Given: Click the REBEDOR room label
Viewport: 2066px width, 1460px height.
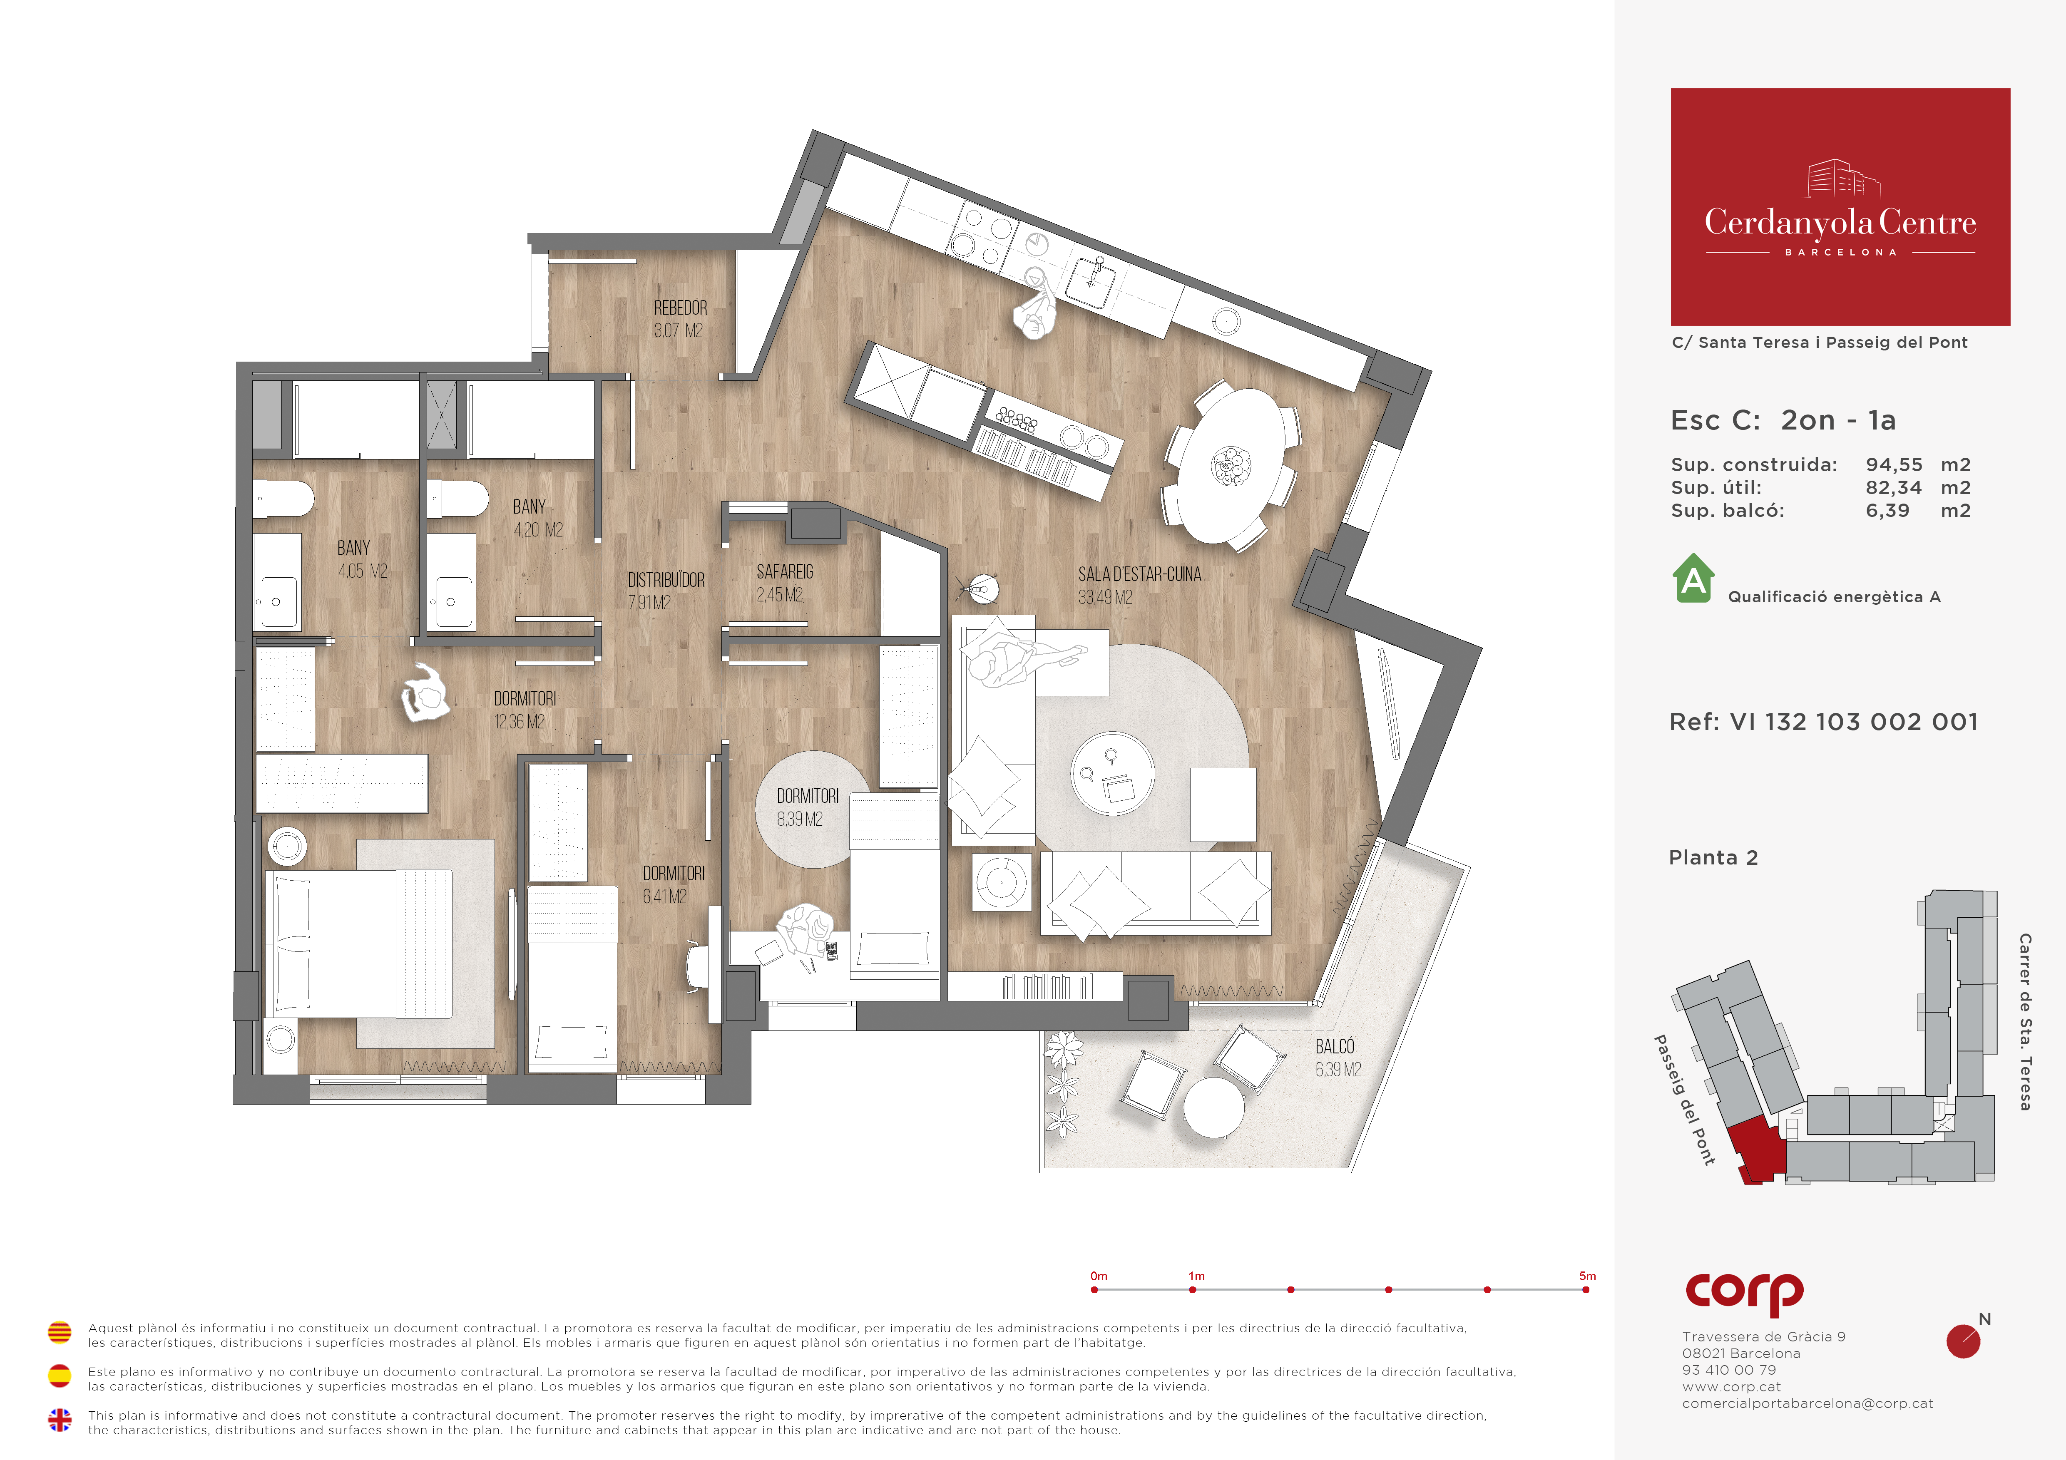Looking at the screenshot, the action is [x=680, y=308].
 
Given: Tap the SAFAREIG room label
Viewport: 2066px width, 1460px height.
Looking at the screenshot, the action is [x=785, y=572].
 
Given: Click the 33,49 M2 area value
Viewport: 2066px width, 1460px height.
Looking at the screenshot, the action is [x=1105, y=597].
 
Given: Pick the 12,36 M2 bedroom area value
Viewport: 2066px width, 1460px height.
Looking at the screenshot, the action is [x=520, y=721].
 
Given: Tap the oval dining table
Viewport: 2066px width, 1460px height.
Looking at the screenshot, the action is [x=1232, y=465].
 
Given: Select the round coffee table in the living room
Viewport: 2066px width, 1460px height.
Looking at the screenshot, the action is [x=1112, y=773].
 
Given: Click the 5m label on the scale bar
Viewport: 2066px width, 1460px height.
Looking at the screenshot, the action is [x=1587, y=1276].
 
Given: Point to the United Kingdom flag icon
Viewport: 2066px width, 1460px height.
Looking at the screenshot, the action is [x=60, y=1420].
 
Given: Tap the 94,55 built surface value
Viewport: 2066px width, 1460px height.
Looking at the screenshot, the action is [x=1894, y=465].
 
